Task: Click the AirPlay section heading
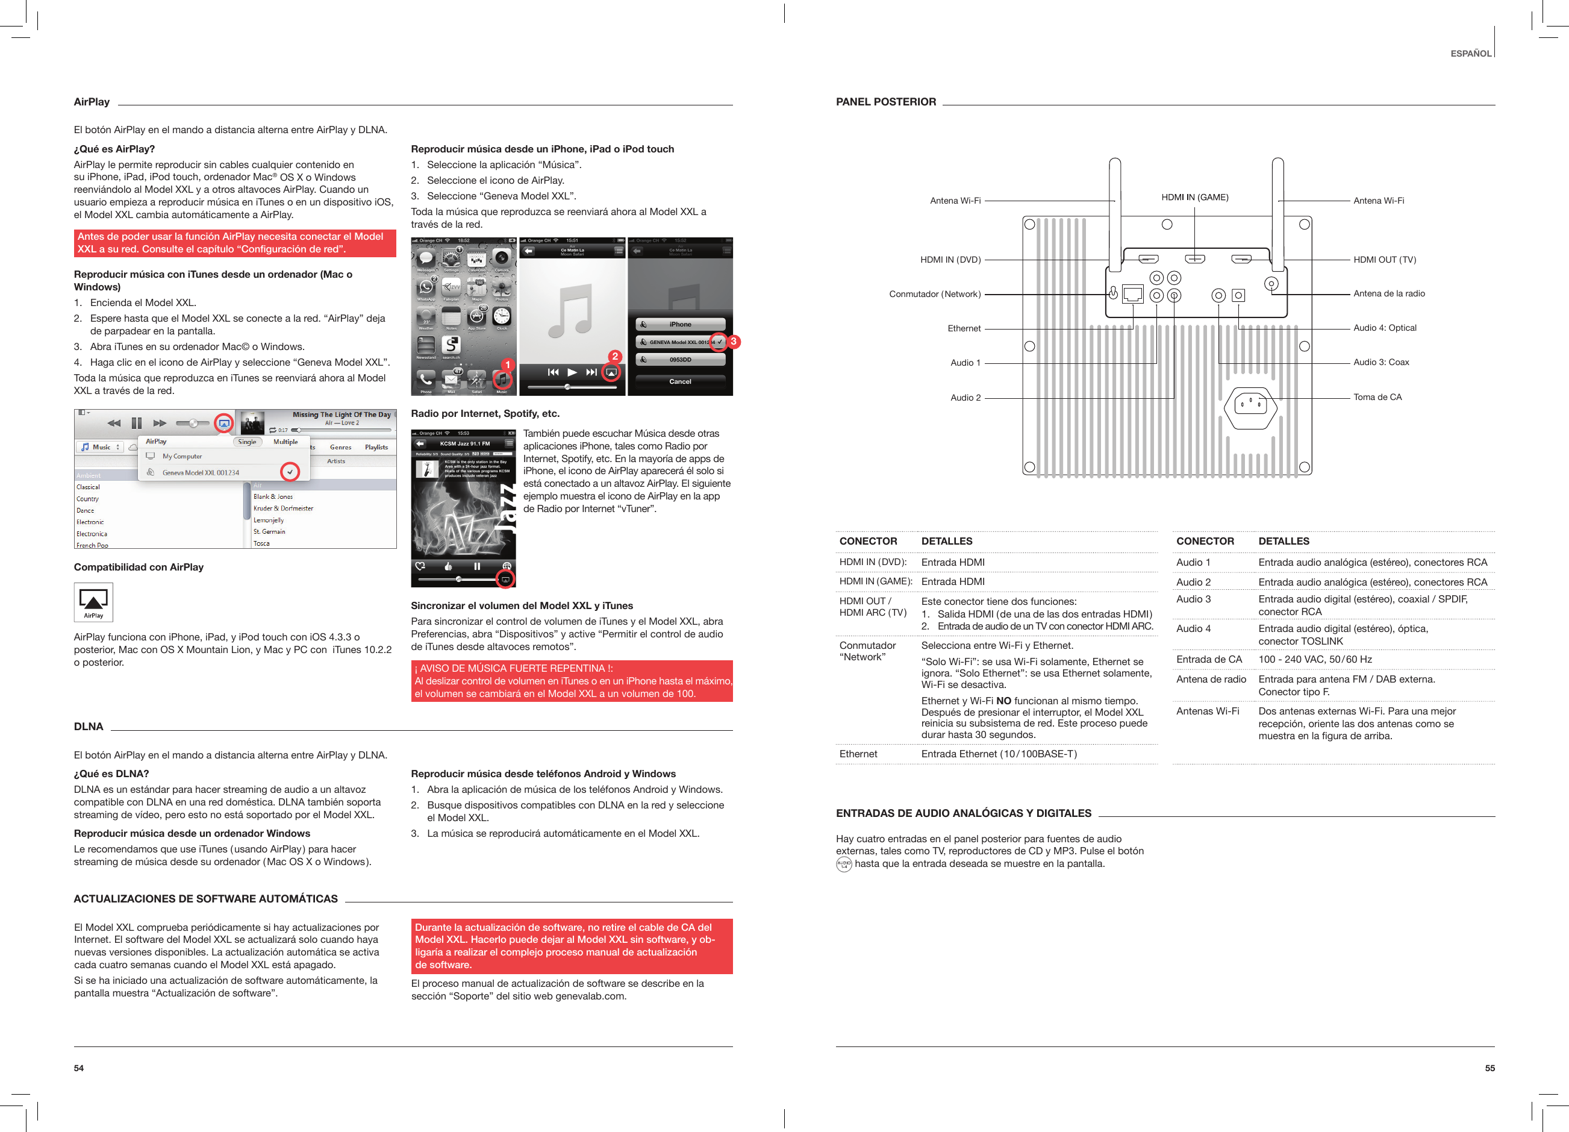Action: (92, 102)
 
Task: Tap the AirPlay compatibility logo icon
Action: (93, 601)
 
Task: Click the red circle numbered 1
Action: (507, 364)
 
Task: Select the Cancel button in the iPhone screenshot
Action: (680, 381)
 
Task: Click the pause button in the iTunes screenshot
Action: (136, 423)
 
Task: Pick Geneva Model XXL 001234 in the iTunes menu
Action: (201, 472)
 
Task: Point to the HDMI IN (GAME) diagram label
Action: (1195, 197)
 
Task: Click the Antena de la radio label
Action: (1388, 293)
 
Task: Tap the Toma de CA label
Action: (1377, 397)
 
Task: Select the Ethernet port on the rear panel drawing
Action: (1132, 294)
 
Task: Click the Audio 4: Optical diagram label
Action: (1384, 328)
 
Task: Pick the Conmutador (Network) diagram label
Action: (935, 294)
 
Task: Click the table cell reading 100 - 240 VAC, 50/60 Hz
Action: (1314, 660)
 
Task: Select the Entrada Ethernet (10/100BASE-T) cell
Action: (998, 754)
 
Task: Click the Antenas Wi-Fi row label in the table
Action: (1207, 711)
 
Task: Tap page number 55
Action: (1489, 1068)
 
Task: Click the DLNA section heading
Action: (89, 727)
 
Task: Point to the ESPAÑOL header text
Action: (1470, 53)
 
